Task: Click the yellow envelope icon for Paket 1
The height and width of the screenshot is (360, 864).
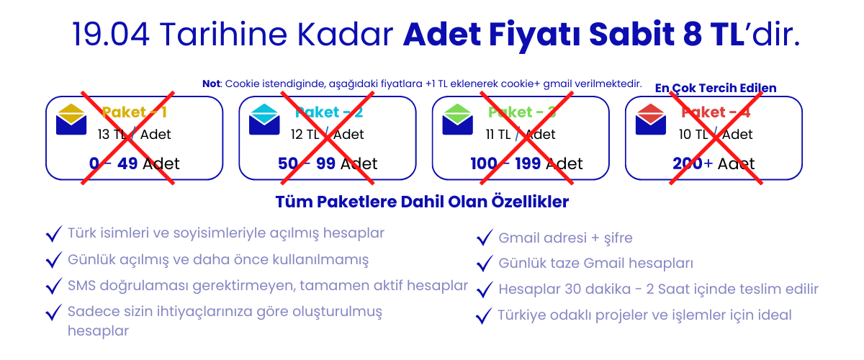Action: (x=71, y=120)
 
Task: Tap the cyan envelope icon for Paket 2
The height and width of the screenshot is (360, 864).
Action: (x=264, y=120)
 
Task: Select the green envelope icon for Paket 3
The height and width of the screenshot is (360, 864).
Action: (x=457, y=120)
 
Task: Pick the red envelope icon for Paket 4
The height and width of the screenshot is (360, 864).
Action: (x=651, y=120)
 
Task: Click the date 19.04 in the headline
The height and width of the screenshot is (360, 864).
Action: (x=111, y=35)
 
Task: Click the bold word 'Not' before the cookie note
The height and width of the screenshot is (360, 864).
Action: (x=212, y=84)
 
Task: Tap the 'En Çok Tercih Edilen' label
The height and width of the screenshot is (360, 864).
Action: (x=716, y=89)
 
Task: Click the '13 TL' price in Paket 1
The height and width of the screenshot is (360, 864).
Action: (x=112, y=134)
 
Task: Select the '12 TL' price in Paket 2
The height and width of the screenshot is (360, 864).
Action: (x=305, y=134)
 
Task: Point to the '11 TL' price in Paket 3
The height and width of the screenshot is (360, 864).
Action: (x=498, y=134)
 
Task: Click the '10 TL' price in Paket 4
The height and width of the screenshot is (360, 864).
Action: (x=693, y=134)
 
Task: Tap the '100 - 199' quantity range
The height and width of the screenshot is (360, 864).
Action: (x=505, y=163)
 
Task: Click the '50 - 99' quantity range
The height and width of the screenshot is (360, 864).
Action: (x=307, y=163)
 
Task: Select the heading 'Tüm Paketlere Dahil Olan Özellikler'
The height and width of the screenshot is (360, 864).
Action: (x=422, y=202)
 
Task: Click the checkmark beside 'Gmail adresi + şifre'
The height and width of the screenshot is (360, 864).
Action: (x=485, y=238)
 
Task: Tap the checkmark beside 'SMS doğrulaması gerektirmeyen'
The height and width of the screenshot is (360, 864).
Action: (x=54, y=286)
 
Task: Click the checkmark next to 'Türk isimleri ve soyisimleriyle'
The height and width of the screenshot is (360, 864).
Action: (x=54, y=233)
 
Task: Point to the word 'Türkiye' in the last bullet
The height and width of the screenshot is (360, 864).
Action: (x=521, y=315)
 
